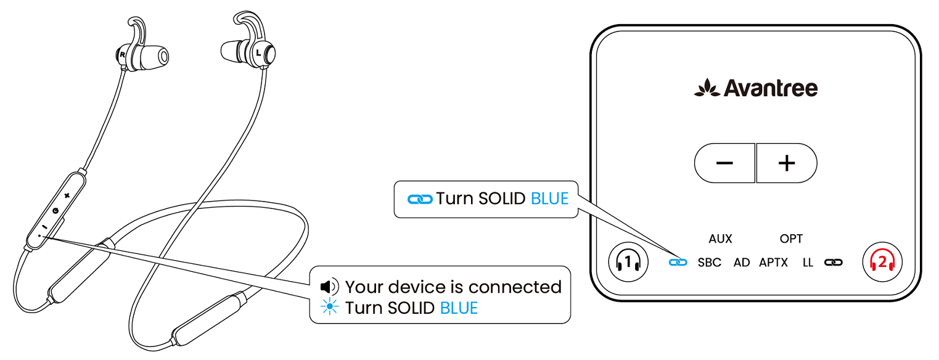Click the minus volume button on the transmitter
point(725,163)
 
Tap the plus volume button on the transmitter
point(787,163)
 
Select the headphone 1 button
point(628,262)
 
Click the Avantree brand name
point(771,88)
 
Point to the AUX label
point(720,239)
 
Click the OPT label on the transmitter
point(791,239)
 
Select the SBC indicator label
point(709,263)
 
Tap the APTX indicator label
point(773,263)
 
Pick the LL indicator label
point(808,263)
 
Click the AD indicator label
point(742,263)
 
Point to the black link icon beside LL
point(834,263)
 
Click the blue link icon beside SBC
point(678,263)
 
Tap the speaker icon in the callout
point(329,287)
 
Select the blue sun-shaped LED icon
point(329,307)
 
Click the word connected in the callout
point(515,287)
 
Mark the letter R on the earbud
point(123,54)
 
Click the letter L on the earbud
point(258,53)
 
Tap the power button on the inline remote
point(55,211)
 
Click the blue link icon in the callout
point(420,200)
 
